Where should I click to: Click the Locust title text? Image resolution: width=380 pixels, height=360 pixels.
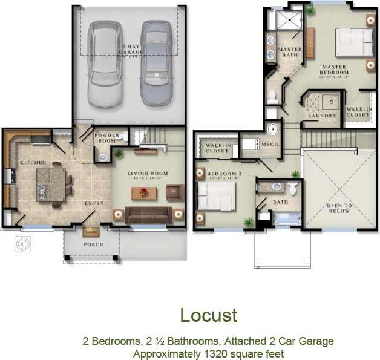pos(208,315)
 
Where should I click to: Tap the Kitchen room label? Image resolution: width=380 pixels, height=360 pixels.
pos(33,163)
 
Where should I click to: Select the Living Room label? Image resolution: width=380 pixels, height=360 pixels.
pos(146,174)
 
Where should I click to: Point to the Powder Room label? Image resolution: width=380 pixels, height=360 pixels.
pos(106,137)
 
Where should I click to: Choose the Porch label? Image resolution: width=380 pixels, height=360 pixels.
pos(93,244)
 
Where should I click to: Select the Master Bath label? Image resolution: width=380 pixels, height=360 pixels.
pos(289,52)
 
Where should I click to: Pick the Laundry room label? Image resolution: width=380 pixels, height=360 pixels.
pos(321,116)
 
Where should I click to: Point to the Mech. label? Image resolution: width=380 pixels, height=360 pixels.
pos(269,145)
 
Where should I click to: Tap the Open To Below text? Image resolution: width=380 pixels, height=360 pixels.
pos(339,208)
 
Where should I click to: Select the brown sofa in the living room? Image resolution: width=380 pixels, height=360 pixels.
pos(148,214)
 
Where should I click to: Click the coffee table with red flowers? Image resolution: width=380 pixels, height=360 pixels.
pos(143,193)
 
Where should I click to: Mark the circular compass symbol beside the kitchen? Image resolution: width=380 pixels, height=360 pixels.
pos(23,244)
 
